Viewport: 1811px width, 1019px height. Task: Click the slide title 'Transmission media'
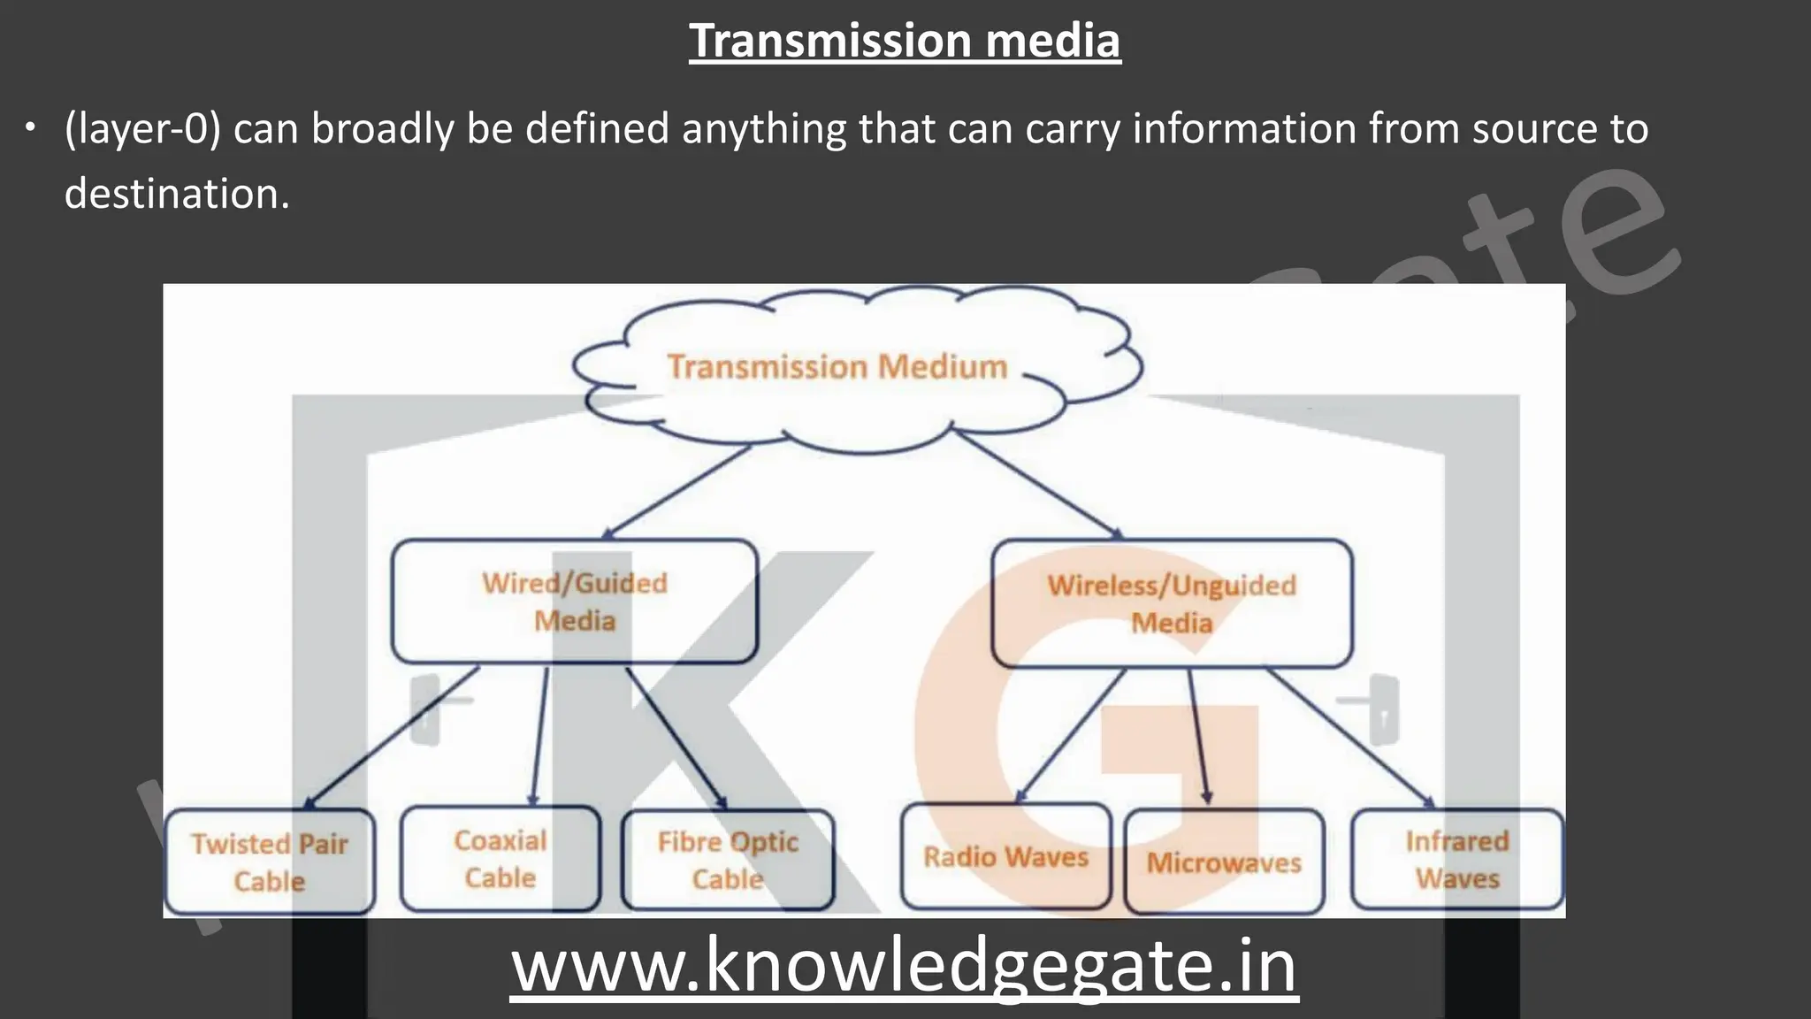coord(905,41)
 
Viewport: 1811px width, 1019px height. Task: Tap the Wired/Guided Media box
coord(575,601)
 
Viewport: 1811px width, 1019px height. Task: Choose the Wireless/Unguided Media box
coord(1172,603)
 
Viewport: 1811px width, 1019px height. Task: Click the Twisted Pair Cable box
coord(270,862)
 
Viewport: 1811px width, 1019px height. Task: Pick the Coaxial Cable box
coord(501,858)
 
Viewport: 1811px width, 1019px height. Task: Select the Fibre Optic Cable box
coord(728,860)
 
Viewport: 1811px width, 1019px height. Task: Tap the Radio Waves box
coord(1005,856)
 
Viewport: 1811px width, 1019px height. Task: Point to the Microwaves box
coord(1224,862)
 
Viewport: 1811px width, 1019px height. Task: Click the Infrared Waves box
coord(1457,859)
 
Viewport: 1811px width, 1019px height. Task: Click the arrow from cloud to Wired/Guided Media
coord(676,492)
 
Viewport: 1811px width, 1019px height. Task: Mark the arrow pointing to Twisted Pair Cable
coord(394,737)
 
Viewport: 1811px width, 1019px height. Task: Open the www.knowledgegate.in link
coord(904,966)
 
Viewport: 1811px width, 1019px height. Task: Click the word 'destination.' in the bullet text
coord(177,194)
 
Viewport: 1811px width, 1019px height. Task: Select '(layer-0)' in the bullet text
coord(142,129)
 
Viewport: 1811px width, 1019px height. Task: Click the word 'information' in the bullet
coord(1243,129)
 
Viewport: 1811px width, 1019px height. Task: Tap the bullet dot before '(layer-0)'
coord(31,129)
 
